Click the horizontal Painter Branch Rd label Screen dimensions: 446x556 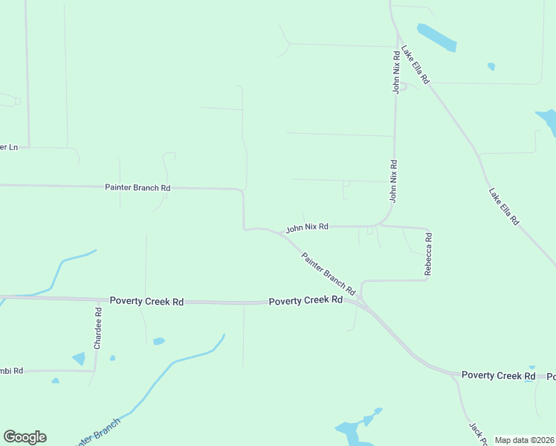click(x=138, y=188)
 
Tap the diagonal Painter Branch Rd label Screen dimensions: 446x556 click(x=328, y=273)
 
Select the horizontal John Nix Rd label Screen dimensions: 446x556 click(x=307, y=227)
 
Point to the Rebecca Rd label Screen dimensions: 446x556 click(x=428, y=254)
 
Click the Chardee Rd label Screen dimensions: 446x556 click(x=97, y=329)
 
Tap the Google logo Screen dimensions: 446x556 click(x=25, y=437)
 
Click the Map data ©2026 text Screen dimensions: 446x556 click(x=524, y=440)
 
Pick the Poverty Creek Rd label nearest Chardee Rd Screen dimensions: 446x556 click(x=146, y=301)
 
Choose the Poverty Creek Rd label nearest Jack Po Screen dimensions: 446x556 click(x=498, y=375)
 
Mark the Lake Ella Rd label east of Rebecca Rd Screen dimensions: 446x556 click(x=503, y=207)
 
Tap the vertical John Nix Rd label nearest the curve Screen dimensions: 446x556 click(x=393, y=181)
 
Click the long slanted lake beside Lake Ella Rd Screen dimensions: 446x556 click(x=436, y=38)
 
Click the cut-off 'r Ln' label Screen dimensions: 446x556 click(x=9, y=147)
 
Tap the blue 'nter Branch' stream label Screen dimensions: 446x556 click(x=97, y=433)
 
